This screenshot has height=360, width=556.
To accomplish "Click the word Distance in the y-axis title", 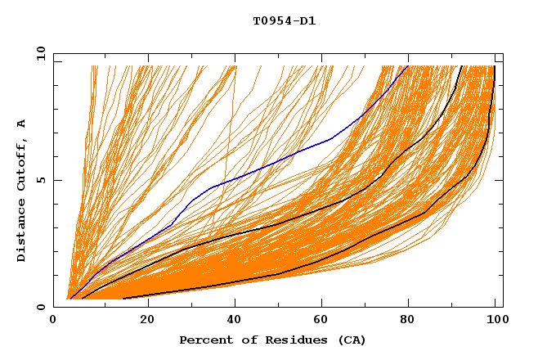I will click(21, 233).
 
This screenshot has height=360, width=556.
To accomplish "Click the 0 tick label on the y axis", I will click(40, 307).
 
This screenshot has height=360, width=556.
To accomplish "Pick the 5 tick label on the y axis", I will click(40, 180).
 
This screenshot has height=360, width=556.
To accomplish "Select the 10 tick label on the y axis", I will click(38, 53).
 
